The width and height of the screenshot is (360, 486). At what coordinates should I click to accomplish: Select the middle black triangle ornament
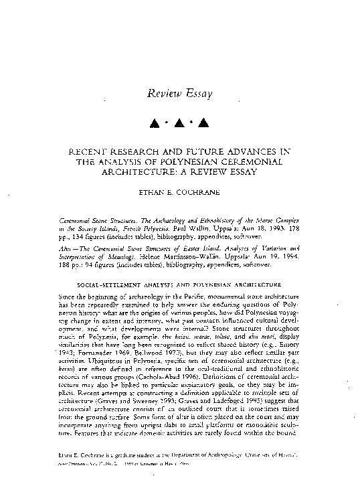pos(179,123)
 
